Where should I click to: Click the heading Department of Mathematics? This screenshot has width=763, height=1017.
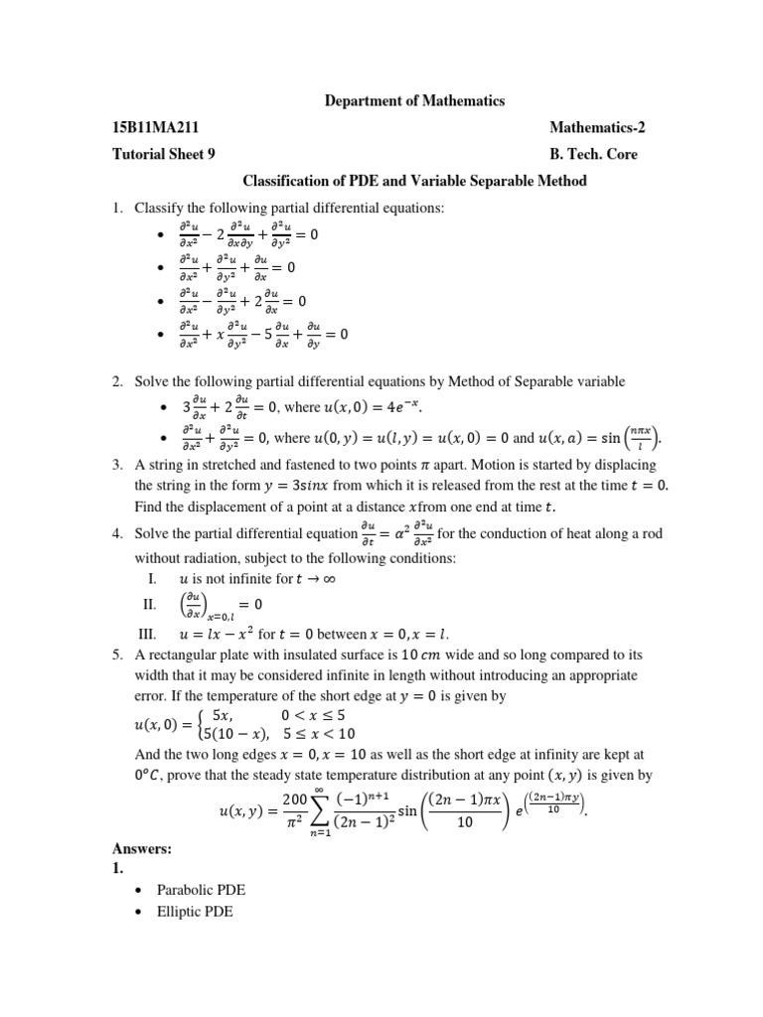coord(415,100)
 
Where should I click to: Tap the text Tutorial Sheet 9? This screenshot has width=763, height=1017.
coord(163,154)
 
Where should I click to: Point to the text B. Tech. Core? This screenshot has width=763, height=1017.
coord(593,154)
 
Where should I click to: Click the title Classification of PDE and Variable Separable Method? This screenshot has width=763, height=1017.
coord(415,181)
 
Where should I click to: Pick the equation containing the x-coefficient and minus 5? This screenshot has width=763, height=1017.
coord(263,335)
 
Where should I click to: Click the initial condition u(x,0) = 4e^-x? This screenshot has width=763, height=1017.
coord(374,408)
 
